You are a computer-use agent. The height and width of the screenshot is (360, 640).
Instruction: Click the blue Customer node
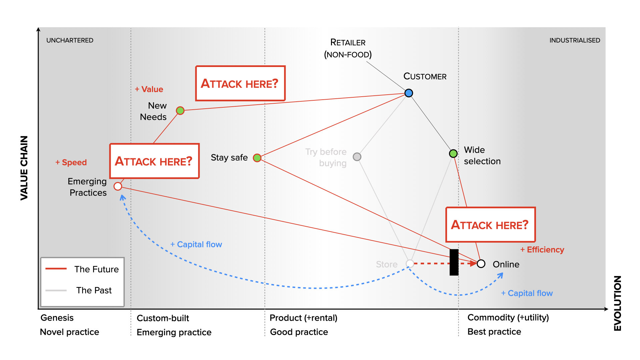click(409, 93)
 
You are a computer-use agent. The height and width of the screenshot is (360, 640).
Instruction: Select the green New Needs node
click(180, 111)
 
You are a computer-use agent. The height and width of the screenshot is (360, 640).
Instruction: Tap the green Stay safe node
click(257, 158)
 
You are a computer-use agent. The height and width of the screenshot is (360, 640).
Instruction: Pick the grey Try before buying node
click(357, 157)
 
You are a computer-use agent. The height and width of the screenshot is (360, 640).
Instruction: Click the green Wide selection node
click(453, 153)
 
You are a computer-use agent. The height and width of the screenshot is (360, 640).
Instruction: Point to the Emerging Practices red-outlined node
click(118, 186)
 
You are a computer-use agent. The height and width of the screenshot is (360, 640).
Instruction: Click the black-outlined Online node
click(481, 264)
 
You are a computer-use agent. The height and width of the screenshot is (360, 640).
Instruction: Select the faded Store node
click(410, 264)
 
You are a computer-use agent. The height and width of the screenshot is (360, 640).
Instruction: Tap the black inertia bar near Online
click(454, 262)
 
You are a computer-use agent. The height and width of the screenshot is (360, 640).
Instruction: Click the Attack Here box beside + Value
click(240, 83)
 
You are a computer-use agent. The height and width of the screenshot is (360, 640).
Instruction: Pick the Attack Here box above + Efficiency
click(490, 225)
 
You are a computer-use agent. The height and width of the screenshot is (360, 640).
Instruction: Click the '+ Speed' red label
click(71, 162)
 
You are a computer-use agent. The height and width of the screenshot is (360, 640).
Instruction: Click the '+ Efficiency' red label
click(542, 250)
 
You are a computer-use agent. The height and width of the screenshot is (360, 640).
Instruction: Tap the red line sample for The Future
click(56, 269)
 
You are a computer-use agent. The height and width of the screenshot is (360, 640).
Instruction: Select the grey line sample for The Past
click(56, 290)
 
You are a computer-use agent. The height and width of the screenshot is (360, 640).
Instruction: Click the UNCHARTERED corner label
click(70, 40)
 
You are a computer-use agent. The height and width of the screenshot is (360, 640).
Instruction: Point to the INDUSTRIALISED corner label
click(574, 40)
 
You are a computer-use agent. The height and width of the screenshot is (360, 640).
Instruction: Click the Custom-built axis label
click(163, 318)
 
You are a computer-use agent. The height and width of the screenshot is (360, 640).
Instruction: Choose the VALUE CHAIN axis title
click(24, 168)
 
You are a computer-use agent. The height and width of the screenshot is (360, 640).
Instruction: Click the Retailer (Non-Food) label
click(348, 48)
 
